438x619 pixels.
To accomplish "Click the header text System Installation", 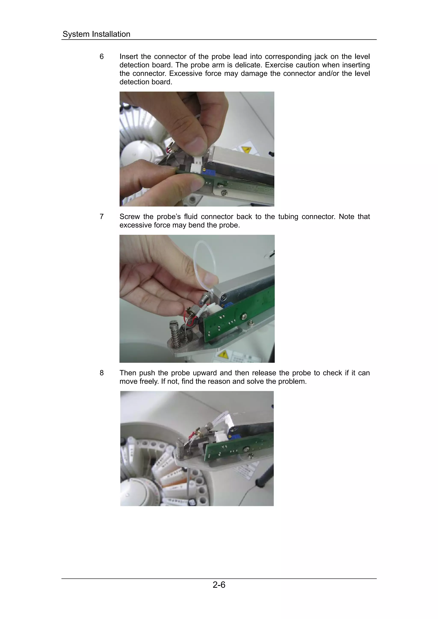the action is [x=96, y=34].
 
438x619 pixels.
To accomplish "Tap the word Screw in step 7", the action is [x=130, y=217].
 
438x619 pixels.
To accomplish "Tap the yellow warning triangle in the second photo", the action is [x=223, y=354].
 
